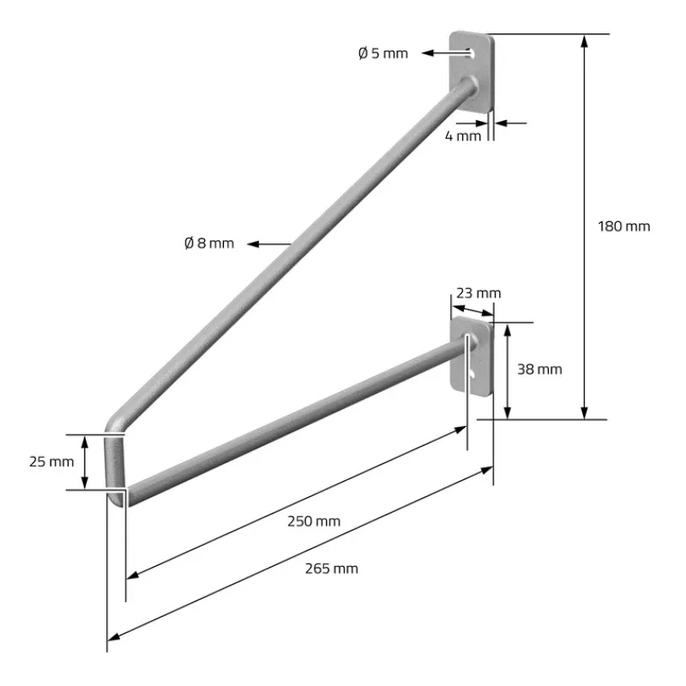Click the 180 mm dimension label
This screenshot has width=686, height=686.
(x=623, y=226)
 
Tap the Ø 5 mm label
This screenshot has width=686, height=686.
(x=382, y=53)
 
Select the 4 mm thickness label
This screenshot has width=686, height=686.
(x=463, y=135)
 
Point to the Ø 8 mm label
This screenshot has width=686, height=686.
(x=209, y=244)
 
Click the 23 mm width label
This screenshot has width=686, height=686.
(x=478, y=293)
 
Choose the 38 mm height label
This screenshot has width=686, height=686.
(x=541, y=369)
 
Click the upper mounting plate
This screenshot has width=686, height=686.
(x=473, y=73)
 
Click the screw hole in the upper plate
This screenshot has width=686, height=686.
(x=472, y=53)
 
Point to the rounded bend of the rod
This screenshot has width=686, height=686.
(x=116, y=425)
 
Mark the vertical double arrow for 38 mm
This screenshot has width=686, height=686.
(x=509, y=370)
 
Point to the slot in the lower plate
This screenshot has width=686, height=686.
(x=472, y=375)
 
